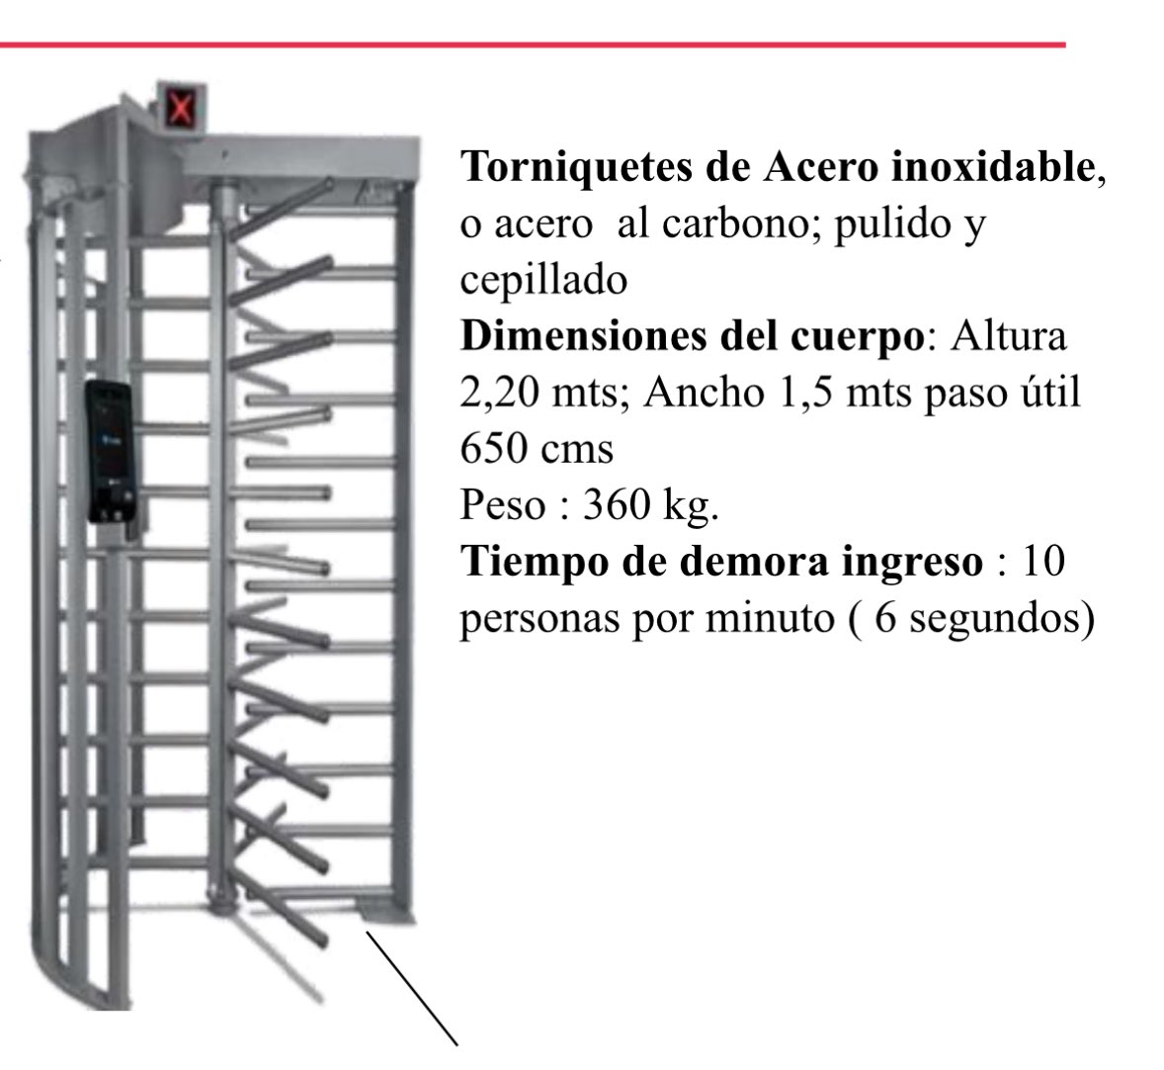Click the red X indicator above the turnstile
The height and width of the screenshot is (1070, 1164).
pyautogui.click(x=180, y=106)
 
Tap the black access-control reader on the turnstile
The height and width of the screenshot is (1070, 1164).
pyautogui.click(x=107, y=451)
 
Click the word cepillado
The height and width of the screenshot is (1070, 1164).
pyautogui.click(x=543, y=281)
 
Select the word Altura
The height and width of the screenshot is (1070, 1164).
pyautogui.click(x=1009, y=336)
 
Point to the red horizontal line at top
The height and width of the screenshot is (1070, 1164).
pyautogui.click(x=534, y=45)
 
